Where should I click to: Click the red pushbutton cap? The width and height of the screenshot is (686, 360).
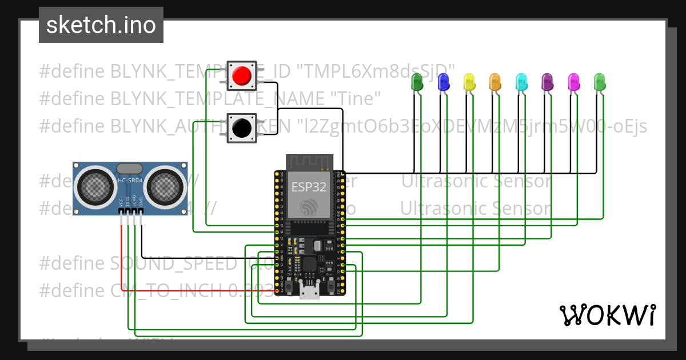(x=242, y=75)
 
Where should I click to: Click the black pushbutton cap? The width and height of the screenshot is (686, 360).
(x=242, y=127)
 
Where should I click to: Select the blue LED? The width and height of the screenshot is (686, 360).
(x=443, y=82)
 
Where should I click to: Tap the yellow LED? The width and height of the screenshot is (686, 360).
(x=469, y=82)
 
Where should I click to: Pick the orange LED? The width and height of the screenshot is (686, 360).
(x=495, y=82)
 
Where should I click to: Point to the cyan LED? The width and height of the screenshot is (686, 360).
(x=521, y=82)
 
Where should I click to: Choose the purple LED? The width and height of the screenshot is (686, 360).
(x=547, y=82)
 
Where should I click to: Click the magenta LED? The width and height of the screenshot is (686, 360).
(x=573, y=82)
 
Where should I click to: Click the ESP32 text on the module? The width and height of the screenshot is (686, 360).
(x=309, y=186)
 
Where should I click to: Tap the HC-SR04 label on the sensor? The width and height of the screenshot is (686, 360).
(x=130, y=181)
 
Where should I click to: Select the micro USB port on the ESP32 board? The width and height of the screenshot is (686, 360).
(x=309, y=292)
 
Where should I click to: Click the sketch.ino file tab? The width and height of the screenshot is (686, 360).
(x=101, y=25)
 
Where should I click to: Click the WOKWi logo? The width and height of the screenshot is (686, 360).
(x=607, y=315)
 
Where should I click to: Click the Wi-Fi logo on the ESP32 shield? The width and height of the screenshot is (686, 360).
(x=309, y=207)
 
